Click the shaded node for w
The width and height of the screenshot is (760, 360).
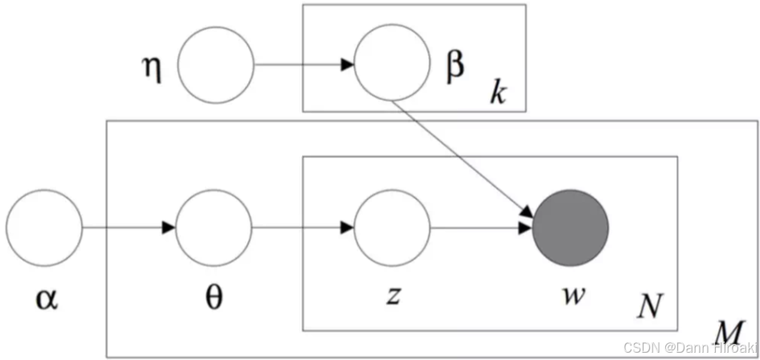coord(571,228)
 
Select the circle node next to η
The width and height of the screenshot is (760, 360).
coord(215,65)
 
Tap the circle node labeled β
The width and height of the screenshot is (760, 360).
coord(392,65)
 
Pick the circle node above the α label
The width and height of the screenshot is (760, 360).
coord(44,228)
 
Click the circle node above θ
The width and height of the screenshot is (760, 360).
coord(215,228)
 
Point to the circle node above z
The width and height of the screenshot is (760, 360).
coord(392,228)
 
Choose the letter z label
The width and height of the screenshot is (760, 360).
coord(392,295)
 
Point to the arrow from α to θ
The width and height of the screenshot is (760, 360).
coord(129,228)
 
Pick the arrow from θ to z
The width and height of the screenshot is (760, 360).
coord(303,228)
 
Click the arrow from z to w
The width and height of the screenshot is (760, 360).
coord(482,228)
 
